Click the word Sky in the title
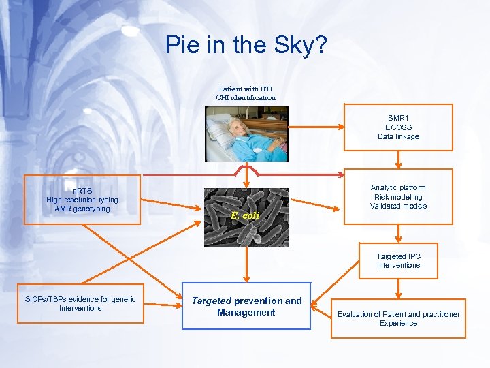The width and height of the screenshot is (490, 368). (297, 46)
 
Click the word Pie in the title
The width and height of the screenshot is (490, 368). (183, 46)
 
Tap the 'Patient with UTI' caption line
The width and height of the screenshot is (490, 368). (246, 89)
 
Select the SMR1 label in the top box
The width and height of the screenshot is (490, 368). (398, 118)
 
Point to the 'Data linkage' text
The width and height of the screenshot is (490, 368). (398, 136)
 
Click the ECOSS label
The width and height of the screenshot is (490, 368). (398, 127)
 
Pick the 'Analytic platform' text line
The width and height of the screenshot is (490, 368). (398, 187)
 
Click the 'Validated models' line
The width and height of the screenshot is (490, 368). (398, 206)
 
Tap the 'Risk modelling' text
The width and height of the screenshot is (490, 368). (398, 197)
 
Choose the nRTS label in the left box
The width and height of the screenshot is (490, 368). (82, 191)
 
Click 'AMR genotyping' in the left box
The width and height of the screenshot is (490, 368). (82, 209)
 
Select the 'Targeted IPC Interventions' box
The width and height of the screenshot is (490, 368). (398, 261)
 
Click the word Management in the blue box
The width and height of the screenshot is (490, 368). (246, 312)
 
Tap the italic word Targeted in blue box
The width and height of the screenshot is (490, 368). (212, 301)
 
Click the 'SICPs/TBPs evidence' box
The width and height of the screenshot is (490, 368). (80, 303)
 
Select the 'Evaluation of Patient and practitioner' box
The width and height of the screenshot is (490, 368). (398, 318)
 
